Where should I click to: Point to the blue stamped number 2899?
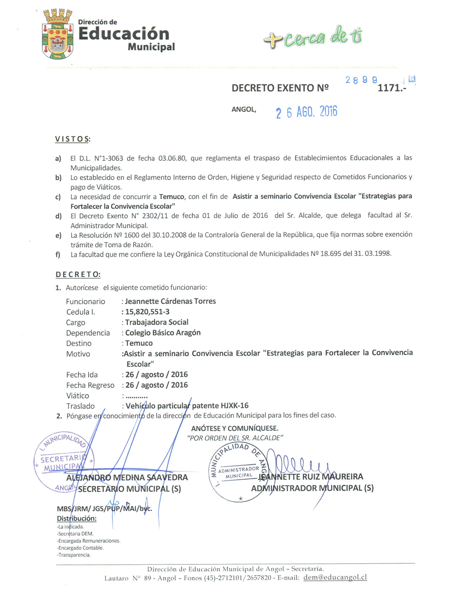click(x=361, y=80)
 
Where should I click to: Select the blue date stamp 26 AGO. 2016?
click(x=306, y=112)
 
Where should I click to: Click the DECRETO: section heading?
click(x=78, y=274)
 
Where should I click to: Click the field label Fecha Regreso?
click(x=90, y=385)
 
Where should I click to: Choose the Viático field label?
click(x=78, y=396)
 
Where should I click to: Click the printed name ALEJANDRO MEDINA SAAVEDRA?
click(x=127, y=477)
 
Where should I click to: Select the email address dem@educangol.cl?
click(x=335, y=577)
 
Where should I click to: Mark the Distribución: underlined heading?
click(x=76, y=518)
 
